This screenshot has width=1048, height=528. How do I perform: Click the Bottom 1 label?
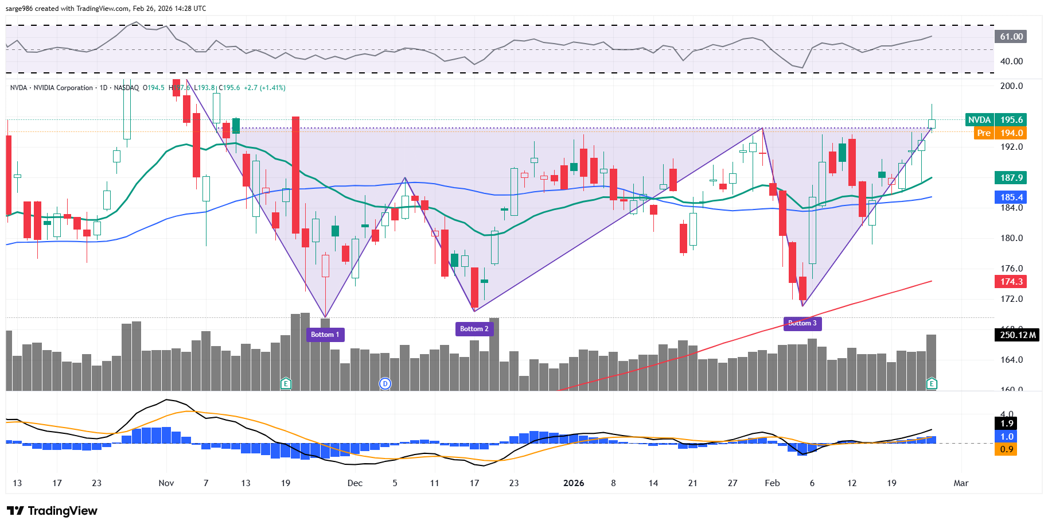[325, 335]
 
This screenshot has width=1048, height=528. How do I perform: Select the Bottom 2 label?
[474, 329]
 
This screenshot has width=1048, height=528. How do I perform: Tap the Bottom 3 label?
[802, 324]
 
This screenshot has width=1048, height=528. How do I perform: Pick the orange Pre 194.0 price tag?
[1001, 133]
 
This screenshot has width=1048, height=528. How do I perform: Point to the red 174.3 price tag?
[1011, 282]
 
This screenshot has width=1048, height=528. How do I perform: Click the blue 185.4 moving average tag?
[1011, 197]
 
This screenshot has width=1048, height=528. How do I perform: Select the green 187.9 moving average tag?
[1011, 178]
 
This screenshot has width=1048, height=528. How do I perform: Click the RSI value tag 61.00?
[1011, 37]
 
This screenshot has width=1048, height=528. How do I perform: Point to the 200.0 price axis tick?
[1011, 86]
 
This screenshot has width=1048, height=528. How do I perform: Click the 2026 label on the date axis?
[574, 483]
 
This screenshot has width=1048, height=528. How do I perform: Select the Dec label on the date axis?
[355, 483]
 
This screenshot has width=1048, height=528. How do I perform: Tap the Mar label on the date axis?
[961, 483]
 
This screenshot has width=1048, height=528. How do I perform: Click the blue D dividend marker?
[385, 383]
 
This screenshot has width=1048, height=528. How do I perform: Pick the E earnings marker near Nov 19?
[286, 383]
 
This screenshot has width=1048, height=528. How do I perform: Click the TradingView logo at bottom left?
[52, 511]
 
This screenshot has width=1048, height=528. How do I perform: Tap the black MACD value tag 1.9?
[1007, 424]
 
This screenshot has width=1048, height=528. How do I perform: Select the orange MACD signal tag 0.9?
[1007, 449]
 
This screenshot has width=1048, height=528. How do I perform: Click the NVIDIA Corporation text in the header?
[63, 88]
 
